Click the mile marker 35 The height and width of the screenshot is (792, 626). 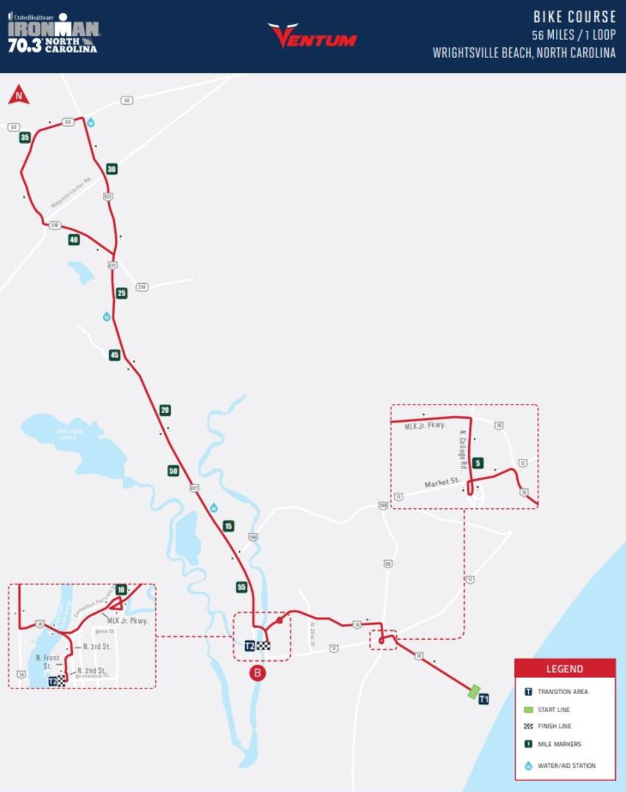pos(25,137)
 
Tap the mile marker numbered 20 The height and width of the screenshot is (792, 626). pos(165,410)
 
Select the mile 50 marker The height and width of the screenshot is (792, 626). pos(173,471)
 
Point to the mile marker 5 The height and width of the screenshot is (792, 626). pos(478,463)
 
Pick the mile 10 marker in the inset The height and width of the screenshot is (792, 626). pos(121,589)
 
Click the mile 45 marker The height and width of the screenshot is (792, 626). pos(114,355)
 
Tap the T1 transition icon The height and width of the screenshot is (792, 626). pos(484,699)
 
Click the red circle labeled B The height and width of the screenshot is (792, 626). pos(257,672)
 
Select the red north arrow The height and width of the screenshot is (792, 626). pos(19,95)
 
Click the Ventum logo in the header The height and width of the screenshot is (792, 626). pos(312,36)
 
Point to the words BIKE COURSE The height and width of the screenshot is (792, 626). pos(574,17)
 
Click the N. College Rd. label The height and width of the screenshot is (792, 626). pos(463,451)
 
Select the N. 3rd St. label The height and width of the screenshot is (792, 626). pos(96,647)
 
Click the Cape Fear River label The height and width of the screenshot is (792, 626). pos(68,435)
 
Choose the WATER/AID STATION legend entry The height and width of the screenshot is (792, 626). pos(566,766)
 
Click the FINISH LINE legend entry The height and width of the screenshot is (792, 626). pos(554,726)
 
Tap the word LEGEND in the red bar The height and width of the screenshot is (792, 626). pos(565,669)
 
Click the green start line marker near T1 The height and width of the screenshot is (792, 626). pos(473,692)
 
